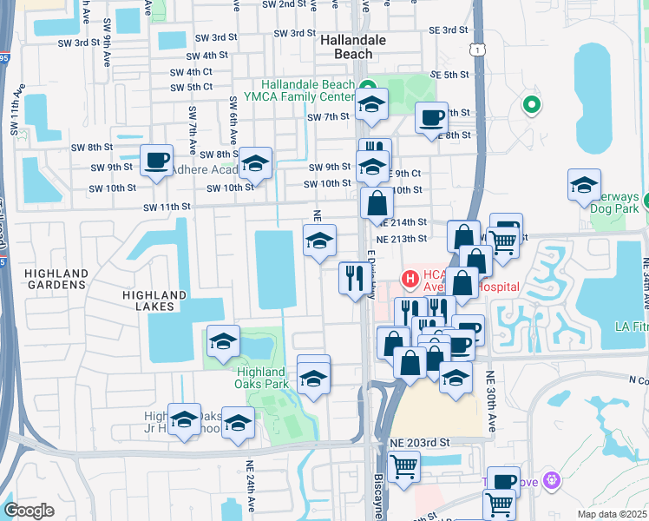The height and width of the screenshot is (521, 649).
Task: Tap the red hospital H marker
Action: [409, 280]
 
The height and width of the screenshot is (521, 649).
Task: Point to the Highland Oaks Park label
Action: [261, 378]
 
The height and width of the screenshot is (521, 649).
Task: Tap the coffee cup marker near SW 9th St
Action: [157, 161]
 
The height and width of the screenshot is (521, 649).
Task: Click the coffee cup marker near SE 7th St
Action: [431, 119]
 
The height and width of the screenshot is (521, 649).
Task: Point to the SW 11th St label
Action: [167, 207]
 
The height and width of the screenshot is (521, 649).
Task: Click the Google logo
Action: [29, 510]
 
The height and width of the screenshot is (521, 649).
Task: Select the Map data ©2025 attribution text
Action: [611, 513]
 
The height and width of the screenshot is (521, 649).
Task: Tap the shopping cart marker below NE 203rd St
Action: [403, 467]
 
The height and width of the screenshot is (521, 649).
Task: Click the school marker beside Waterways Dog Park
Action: [585, 186]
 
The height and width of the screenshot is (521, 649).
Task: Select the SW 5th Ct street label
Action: [192, 87]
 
